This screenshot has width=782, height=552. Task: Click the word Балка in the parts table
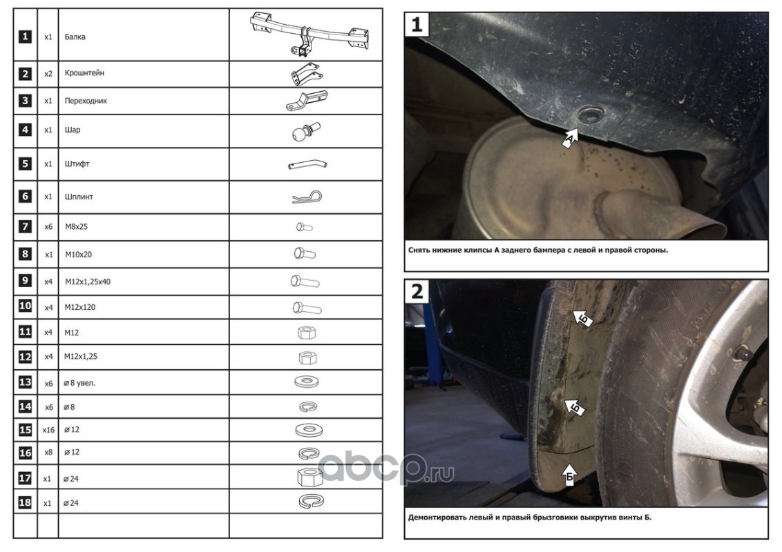tap(75, 37)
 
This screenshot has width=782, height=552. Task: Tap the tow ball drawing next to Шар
tap(305, 132)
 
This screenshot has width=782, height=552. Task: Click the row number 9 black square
tap(25, 280)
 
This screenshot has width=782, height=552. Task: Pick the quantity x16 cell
tap(48, 429)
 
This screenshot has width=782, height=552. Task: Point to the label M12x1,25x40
tap(88, 282)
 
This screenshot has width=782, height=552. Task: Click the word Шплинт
tap(79, 197)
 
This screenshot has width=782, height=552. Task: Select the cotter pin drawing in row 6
tap(307, 197)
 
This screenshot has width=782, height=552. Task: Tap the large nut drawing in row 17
tap(309, 477)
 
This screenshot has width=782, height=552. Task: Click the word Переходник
tap(86, 101)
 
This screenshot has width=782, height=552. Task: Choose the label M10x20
tap(78, 255)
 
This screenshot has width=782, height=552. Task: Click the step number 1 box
tap(417, 24)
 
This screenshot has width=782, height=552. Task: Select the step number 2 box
tap(417, 291)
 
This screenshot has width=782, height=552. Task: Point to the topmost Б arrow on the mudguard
tap(582, 317)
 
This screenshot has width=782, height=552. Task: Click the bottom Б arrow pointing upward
tap(569, 475)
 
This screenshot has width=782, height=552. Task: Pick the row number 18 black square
tap(25, 503)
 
